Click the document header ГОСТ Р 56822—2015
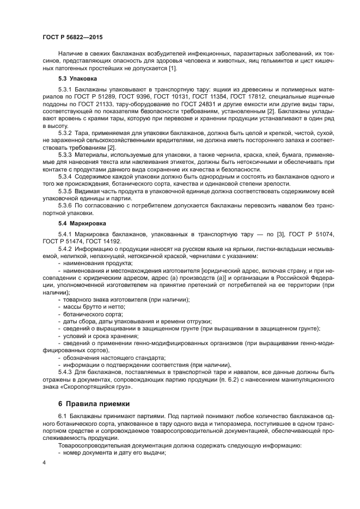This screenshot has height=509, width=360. [x=72, y=36]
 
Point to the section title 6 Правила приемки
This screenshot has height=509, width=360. [x=94, y=403]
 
